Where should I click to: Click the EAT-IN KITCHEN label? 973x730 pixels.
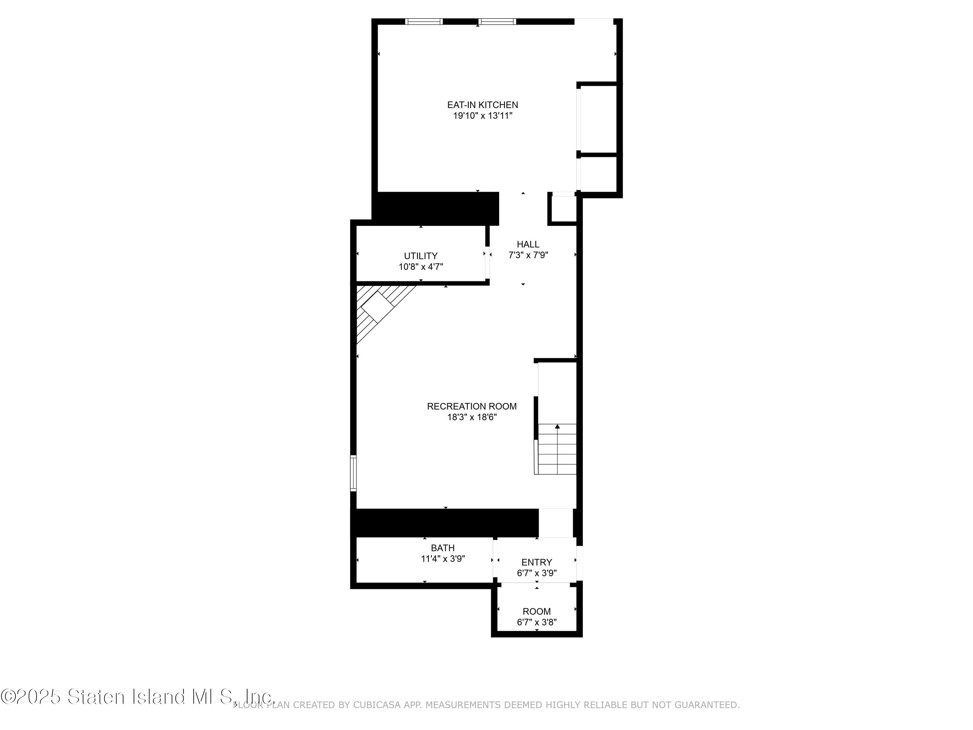483,105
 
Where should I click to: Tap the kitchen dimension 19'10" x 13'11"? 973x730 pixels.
483,116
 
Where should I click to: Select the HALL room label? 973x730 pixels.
528,244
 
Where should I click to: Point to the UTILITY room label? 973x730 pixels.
421,256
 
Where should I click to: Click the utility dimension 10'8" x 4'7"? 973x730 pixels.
421,267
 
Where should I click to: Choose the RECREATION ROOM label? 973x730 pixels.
472,406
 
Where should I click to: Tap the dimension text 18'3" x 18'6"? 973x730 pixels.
472,417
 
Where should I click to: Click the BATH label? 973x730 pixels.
442,548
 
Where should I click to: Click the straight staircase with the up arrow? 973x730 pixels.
557,449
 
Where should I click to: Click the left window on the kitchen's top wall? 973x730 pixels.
424,21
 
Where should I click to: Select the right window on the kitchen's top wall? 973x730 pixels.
497,21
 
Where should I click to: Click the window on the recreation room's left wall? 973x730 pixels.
353,473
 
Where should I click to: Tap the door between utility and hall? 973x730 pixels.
487,263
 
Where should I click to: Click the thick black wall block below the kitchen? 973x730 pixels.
436,209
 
